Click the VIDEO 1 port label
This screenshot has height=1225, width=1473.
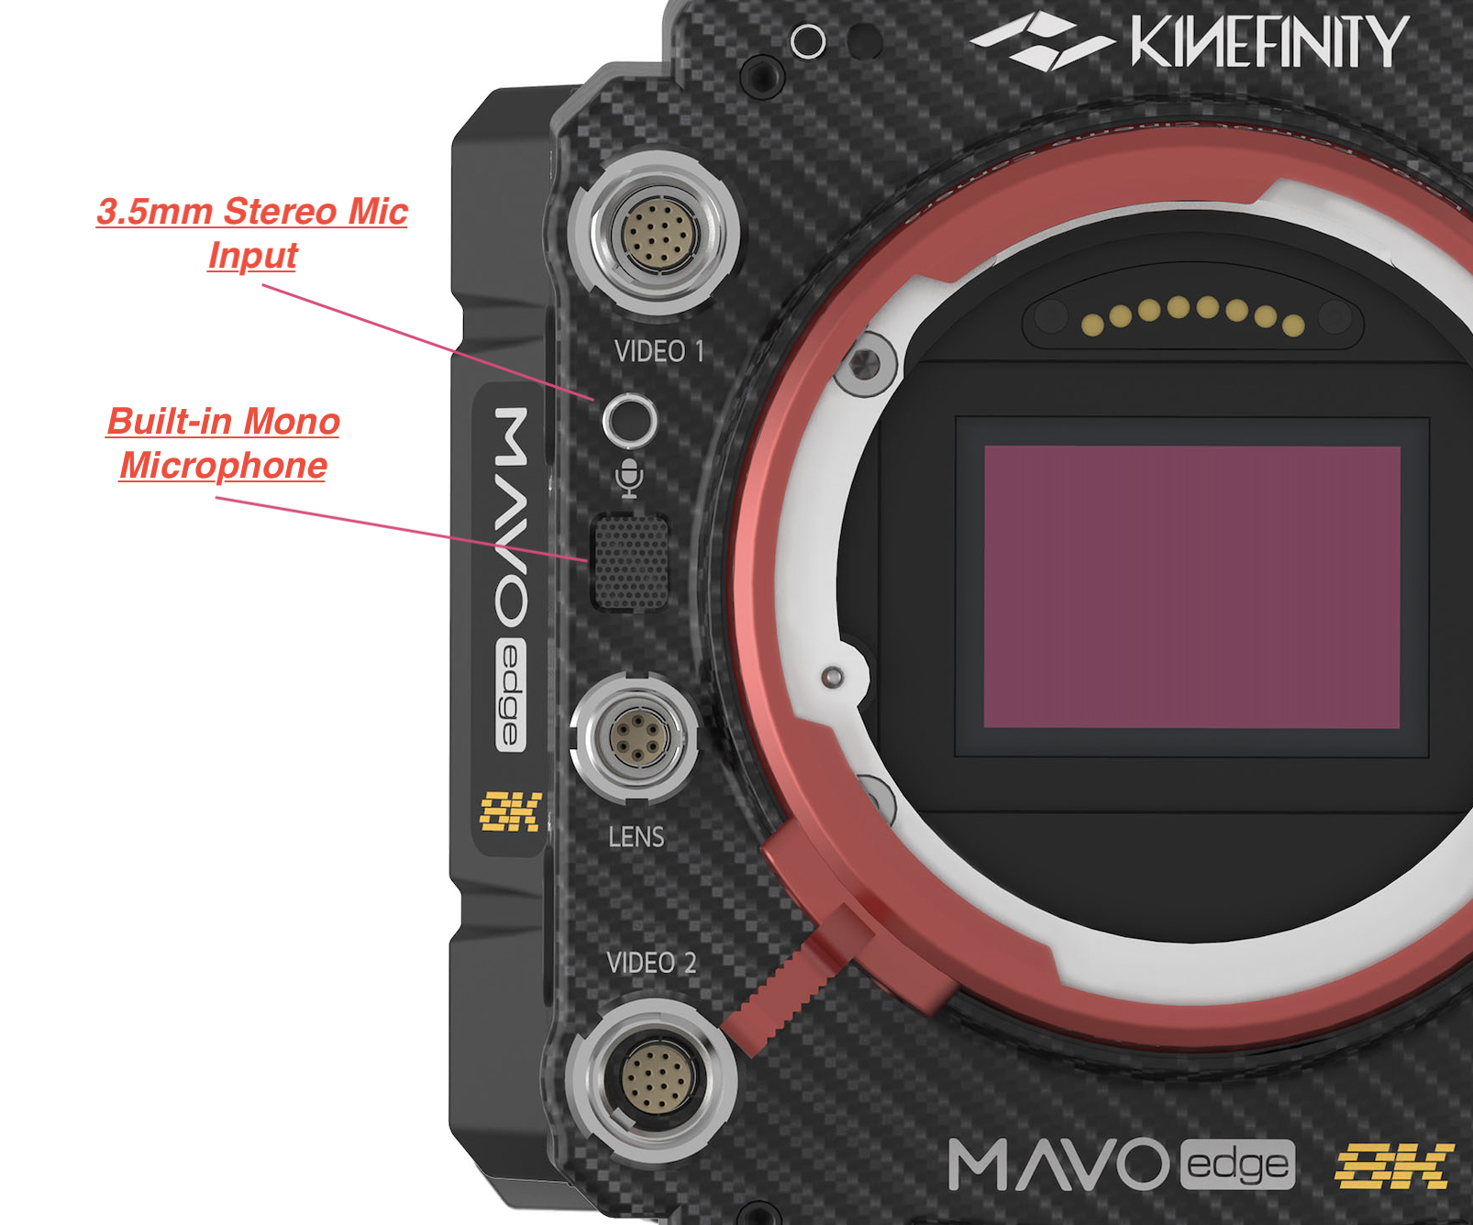(659, 351)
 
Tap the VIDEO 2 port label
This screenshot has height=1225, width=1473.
(651, 963)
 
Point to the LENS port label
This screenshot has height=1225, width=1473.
(636, 836)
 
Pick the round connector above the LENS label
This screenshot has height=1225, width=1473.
(635, 736)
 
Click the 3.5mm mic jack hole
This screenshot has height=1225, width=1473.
(630, 423)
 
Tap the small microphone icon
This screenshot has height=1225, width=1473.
(629, 478)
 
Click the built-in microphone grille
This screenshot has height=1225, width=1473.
(630, 561)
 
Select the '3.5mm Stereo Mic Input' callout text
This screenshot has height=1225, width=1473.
(252, 233)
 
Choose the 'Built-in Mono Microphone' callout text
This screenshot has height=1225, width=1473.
(224, 443)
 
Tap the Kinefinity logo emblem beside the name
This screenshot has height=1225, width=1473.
(1041, 42)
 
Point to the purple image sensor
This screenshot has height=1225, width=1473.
(1191, 587)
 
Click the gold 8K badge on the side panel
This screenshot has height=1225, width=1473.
(511, 811)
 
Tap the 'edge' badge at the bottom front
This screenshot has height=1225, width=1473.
(1237, 1165)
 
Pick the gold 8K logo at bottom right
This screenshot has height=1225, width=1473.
(1393, 1165)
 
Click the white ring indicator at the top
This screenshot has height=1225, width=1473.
(808, 41)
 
